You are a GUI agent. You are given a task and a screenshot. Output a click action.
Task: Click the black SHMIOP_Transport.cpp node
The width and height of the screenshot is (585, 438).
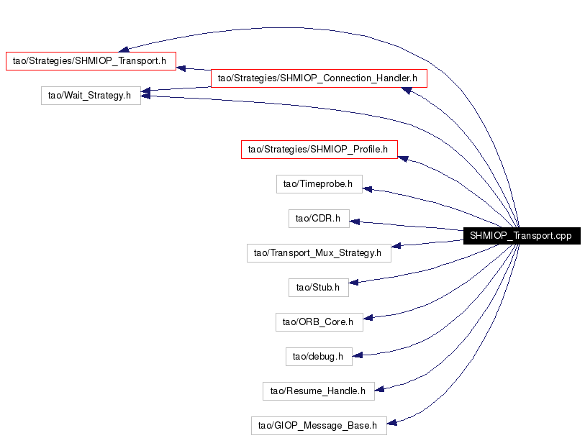coord(522,236)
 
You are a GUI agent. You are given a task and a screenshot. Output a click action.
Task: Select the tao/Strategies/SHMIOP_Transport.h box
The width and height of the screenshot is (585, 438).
coord(91,60)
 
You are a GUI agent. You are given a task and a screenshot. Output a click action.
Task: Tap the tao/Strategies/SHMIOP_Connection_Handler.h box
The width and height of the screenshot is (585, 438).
coord(319,78)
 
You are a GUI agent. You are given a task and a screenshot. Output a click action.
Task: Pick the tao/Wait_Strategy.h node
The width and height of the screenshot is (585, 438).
coord(91,96)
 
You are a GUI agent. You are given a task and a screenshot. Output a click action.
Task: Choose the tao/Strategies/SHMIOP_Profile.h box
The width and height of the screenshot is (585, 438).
coord(319,150)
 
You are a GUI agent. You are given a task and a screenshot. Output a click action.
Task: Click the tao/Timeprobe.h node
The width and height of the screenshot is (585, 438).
coord(319,184)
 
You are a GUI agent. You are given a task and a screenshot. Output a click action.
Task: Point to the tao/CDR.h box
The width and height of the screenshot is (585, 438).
coord(319,219)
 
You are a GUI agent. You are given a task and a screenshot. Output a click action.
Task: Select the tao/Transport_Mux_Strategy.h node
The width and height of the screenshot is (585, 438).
coord(319,253)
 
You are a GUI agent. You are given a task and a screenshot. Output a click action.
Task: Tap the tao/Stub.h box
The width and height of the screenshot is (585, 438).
coord(319,288)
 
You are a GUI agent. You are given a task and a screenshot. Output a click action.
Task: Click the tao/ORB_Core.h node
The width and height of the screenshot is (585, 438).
coord(319,322)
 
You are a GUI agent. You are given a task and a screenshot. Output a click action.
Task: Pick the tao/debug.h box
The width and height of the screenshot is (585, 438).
coord(319,357)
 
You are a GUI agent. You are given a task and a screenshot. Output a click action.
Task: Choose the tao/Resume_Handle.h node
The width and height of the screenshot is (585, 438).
coord(319,391)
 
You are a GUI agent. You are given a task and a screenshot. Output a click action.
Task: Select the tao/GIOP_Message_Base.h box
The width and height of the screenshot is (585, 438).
coord(319,426)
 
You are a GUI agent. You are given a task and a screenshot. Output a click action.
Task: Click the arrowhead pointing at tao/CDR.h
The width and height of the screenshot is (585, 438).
coord(355,222)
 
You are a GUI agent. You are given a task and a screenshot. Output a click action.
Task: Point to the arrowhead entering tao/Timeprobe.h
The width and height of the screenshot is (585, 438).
coord(367,189)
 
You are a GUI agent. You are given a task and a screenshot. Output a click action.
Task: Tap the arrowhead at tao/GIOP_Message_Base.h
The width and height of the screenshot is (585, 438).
coord(391,422)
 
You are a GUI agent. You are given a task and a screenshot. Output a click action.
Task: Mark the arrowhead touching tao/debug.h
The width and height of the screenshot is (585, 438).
coord(358,355)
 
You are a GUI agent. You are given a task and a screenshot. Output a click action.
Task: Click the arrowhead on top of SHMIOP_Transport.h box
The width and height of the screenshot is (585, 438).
coord(124,49)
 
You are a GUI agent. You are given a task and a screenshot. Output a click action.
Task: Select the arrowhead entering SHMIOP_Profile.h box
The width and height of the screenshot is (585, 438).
coord(403,159)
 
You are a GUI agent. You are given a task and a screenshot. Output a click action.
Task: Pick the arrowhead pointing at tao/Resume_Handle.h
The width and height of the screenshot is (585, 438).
coord(379,389)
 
